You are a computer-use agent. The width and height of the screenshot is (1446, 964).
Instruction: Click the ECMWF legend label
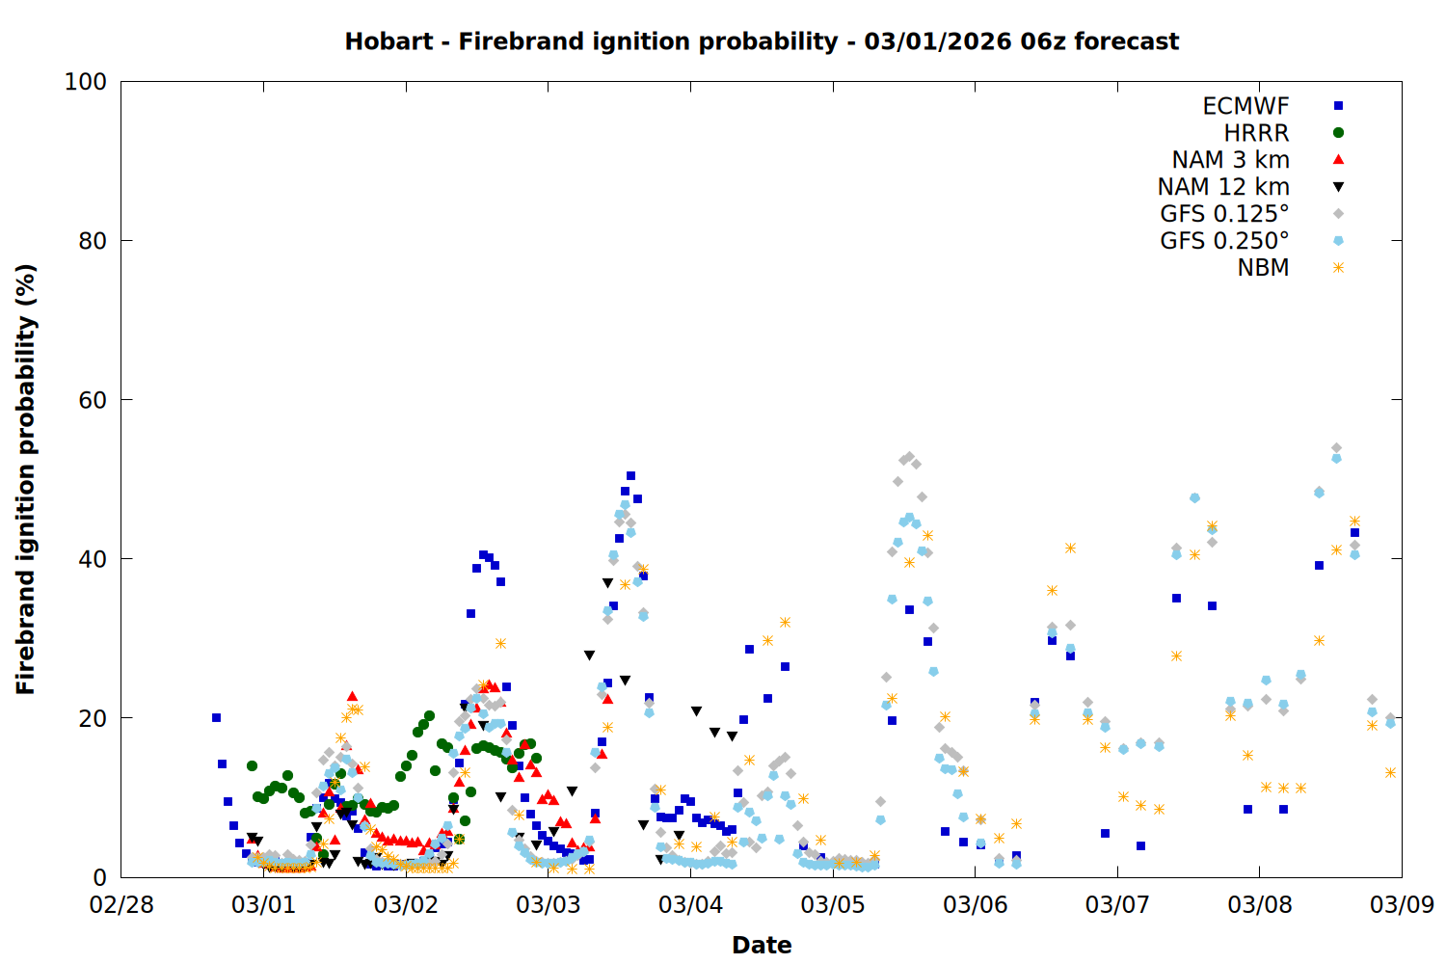tap(1245, 106)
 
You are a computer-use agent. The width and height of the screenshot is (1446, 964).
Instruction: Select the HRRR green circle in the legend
tap(1338, 133)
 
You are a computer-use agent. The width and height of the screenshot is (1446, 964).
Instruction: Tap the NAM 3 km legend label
tap(1230, 160)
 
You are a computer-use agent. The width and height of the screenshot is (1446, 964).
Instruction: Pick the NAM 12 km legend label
tap(1223, 187)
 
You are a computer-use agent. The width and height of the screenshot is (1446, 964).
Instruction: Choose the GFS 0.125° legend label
tap(1224, 214)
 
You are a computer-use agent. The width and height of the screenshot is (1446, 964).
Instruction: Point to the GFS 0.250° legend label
tap(1224, 241)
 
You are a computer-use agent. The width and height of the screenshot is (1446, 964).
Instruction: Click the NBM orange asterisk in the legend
tap(1338, 268)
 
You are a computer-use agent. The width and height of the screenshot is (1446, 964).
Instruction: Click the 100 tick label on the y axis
tap(85, 82)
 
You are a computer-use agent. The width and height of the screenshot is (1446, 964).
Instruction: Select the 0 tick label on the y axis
tap(99, 877)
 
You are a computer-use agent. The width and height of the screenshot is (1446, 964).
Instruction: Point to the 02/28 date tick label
tap(121, 905)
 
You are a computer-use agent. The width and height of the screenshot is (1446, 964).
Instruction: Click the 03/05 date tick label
tap(833, 905)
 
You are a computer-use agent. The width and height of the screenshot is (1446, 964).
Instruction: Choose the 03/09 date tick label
tap(1402, 905)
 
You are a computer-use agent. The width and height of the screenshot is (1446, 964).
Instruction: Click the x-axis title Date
tap(762, 945)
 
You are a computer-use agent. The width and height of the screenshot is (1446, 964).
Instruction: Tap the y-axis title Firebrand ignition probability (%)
tap(26, 479)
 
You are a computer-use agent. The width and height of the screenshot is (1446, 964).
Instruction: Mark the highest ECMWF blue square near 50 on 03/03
tap(630, 475)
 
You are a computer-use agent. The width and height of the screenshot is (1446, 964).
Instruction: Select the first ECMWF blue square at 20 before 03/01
tap(216, 717)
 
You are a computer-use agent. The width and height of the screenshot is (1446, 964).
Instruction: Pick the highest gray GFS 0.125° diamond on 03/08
tap(1336, 448)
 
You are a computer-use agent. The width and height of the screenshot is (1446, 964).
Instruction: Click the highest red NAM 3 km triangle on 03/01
tap(352, 696)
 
